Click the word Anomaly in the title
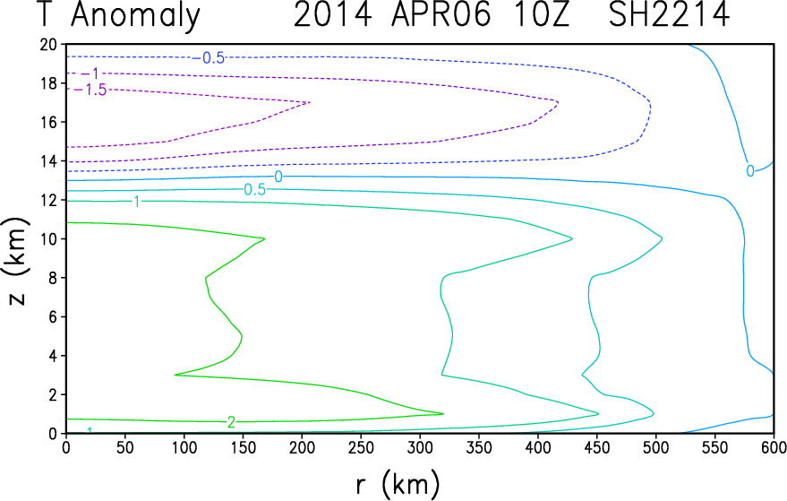coord(135,16)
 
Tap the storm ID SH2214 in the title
coord(669,14)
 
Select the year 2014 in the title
coord(333,14)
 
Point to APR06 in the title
coord(441,14)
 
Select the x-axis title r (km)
coord(398,484)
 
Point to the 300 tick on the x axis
coord(420,446)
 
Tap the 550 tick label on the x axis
coord(714,446)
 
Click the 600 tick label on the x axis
coord(774,446)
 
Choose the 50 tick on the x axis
coord(125,446)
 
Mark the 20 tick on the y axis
coord(48,44)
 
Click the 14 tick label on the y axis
coord(48,160)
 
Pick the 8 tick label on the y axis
coord(53,277)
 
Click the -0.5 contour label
coord(209,58)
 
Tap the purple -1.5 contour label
coord(90,90)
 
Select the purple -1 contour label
coord(90,73)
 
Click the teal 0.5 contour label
coord(254,189)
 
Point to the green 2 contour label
coord(231,422)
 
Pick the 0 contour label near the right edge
coord(750,171)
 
